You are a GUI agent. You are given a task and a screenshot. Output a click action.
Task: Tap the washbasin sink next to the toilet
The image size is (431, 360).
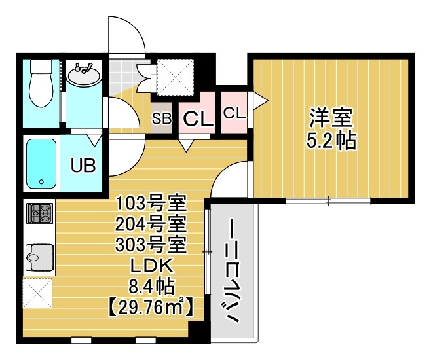(84, 75)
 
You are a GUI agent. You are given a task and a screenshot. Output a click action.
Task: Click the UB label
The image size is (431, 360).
(83, 165)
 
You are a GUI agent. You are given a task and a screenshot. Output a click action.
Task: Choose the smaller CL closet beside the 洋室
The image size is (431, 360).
(234, 113)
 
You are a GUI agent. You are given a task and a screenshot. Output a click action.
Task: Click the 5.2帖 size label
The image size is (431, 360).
(331, 141)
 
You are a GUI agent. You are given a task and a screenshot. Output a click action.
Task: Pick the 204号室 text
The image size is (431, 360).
(151, 224)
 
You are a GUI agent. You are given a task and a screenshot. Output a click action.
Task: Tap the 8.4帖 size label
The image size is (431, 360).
(151, 285)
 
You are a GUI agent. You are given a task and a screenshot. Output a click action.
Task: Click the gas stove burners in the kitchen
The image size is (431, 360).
(39, 213)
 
